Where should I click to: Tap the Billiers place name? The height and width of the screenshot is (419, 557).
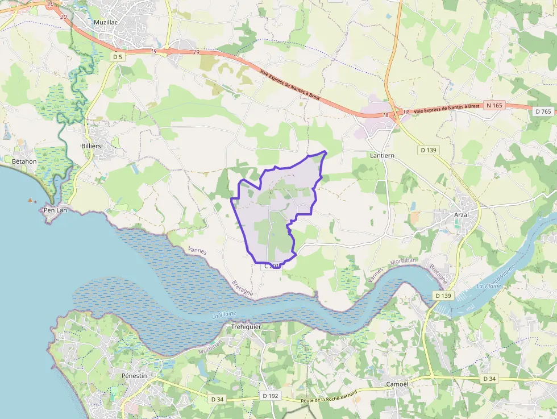91,146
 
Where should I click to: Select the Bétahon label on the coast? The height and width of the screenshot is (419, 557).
24,161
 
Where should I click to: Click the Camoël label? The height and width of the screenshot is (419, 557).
397,384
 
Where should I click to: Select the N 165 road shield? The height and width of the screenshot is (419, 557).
494,105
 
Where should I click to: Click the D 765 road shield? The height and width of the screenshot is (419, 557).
543,111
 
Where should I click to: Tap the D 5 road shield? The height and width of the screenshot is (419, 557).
118,57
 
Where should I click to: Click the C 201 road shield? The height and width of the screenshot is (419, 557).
272,265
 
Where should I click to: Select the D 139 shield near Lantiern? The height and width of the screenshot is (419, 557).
430,150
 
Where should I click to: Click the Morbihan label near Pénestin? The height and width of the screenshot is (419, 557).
210,348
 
